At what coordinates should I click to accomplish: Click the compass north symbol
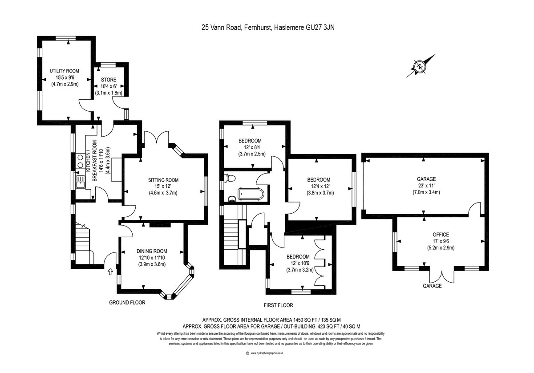420,67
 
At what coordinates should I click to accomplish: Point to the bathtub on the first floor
251,194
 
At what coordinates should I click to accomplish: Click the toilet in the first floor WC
230,178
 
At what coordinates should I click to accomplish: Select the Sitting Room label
163,180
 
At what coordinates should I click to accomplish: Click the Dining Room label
152,251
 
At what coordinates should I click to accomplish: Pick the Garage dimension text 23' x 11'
424,186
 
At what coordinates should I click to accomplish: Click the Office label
441,235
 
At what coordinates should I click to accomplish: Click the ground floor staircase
83,243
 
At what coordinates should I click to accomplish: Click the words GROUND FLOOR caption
127,303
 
